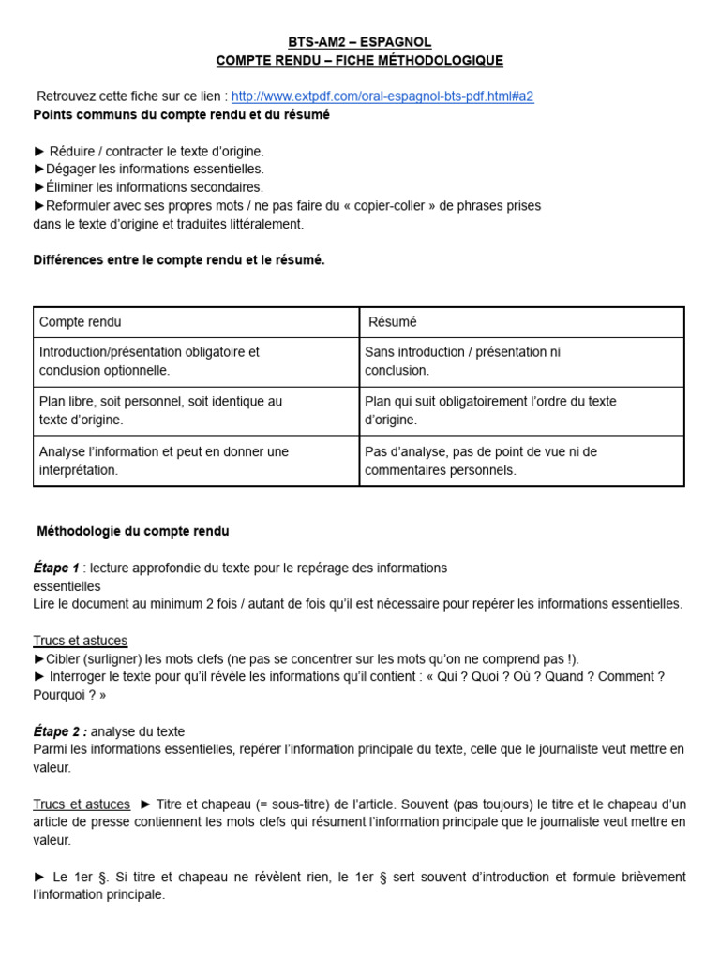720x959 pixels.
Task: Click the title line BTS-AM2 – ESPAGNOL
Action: [360, 42]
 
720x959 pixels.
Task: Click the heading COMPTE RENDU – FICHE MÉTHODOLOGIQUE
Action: [360, 61]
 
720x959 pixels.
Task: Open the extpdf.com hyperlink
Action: [382, 96]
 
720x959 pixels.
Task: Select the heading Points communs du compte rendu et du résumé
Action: [181, 114]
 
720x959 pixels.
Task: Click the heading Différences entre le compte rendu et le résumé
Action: [179, 260]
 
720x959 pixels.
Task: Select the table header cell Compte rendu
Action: [81, 322]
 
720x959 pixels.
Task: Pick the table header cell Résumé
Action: [393, 322]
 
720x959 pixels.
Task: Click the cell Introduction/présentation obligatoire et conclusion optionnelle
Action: [149, 361]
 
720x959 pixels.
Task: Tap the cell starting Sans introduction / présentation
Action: [462, 361]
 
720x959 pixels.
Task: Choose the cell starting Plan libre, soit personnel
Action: [160, 410]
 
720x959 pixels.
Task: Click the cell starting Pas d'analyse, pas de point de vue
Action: [480, 461]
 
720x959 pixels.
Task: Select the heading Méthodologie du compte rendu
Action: [133, 531]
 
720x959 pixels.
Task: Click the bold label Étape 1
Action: [56, 568]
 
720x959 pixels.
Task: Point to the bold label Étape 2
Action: [59, 731]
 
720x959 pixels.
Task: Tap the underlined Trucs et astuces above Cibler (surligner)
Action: [81, 641]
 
